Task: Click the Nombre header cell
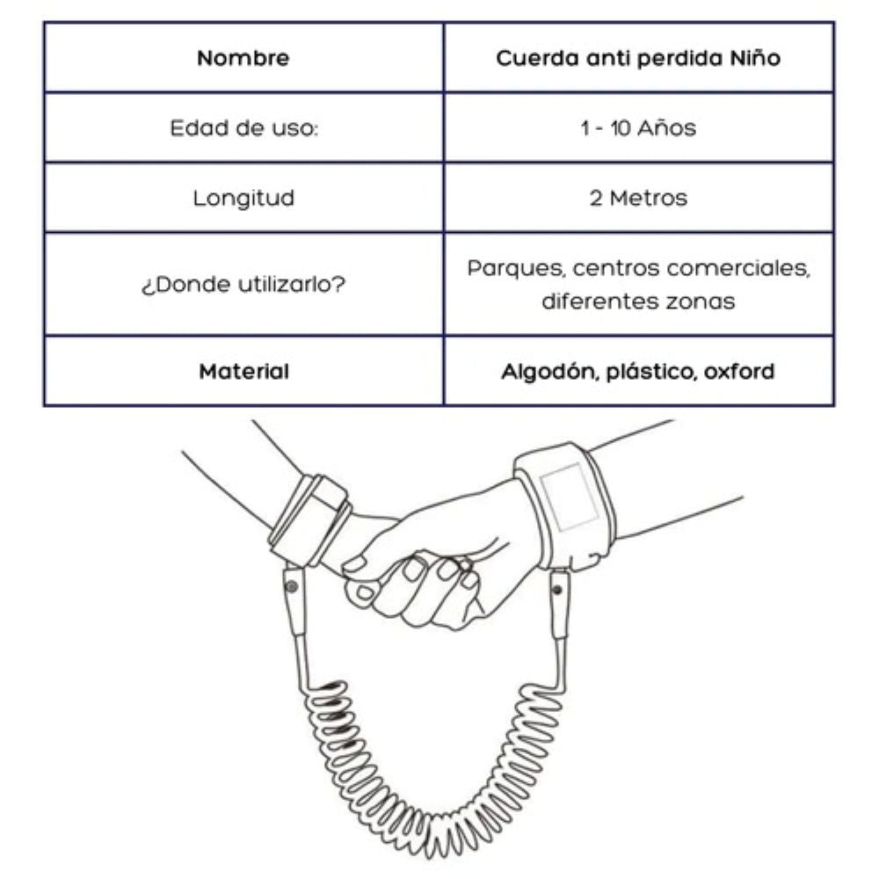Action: pyautogui.click(x=243, y=58)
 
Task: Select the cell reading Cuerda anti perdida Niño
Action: pyautogui.click(x=638, y=58)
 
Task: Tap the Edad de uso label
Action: pyautogui.click(x=243, y=127)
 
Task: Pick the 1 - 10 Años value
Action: pyautogui.click(x=638, y=127)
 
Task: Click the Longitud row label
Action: pyautogui.click(x=243, y=198)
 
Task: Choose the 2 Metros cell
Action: pyautogui.click(x=638, y=198)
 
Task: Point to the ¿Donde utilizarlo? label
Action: pyautogui.click(x=243, y=284)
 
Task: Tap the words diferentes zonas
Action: pyautogui.click(x=638, y=301)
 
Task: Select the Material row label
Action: pyautogui.click(x=243, y=371)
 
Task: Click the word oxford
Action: pyautogui.click(x=739, y=371)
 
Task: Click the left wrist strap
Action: pyautogui.click(x=309, y=519)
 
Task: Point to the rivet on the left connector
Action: pyautogui.click(x=292, y=587)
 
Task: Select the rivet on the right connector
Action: pyautogui.click(x=557, y=590)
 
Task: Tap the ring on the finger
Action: pyautogui.click(x=465, y=564)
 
